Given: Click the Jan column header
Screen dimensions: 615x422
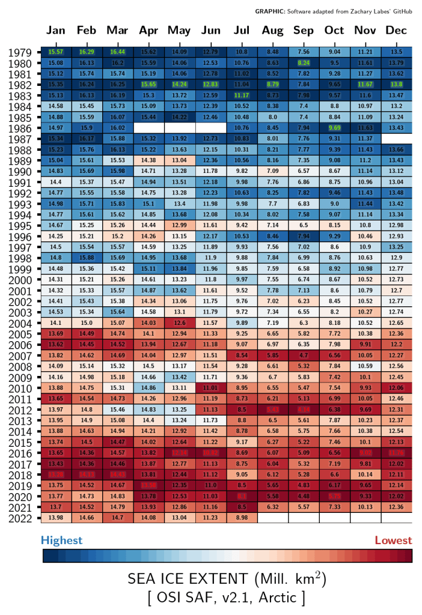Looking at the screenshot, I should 56,31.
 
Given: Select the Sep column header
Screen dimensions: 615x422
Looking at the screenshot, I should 304,31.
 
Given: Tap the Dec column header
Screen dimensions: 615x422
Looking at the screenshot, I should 397,31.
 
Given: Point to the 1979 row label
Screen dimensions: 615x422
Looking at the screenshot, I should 20,53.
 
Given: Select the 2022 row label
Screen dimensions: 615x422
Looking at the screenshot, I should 20,517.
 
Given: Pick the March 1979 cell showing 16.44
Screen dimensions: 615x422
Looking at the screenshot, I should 118,52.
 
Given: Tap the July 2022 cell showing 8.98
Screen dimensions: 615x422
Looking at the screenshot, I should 242,517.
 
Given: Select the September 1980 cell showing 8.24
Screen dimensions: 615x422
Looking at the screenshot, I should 304,63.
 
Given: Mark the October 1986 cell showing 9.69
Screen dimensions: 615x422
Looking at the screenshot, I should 334,128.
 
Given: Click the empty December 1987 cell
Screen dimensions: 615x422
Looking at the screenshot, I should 397,139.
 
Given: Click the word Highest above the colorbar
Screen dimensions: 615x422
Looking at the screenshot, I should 61,541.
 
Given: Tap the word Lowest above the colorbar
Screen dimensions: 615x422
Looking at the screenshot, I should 393,541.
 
